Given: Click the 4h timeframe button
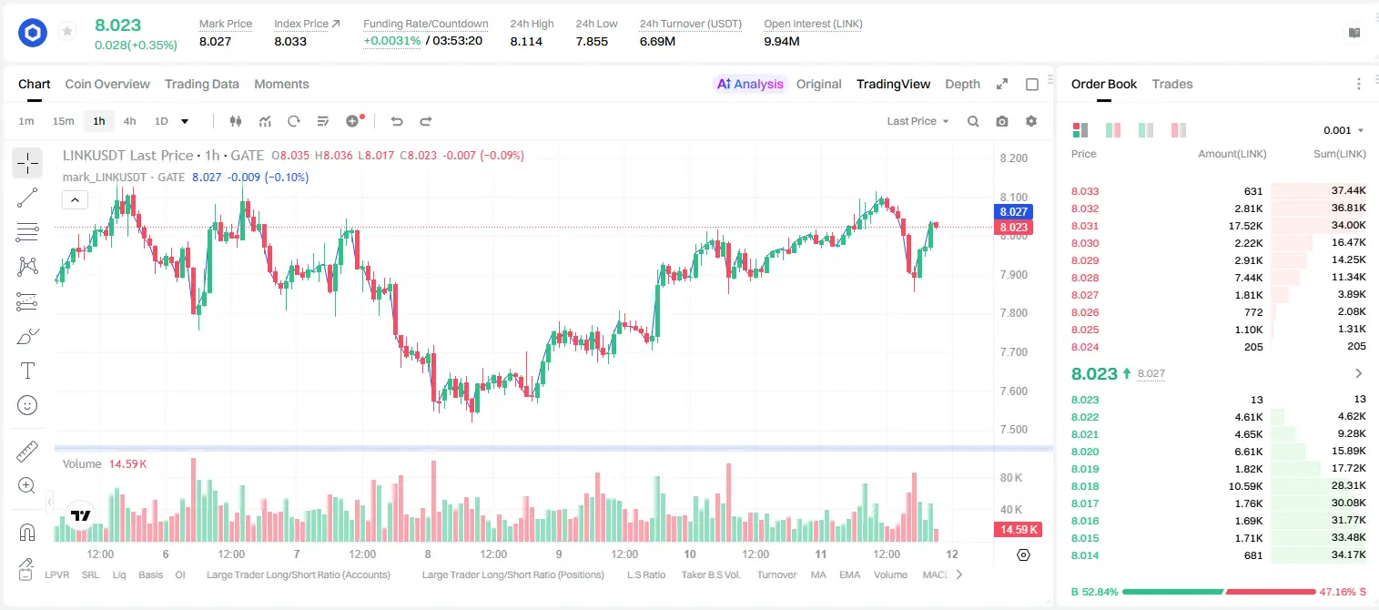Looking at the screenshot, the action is point(129,121).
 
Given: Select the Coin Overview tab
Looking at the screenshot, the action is point(107,84).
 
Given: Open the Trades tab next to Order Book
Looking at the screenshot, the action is point(1172,84).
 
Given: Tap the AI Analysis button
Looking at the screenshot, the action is point(750,84).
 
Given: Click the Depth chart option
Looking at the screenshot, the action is point(962,84).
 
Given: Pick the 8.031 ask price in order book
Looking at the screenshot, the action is point(1085,226).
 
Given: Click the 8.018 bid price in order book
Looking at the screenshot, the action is point(1085,485).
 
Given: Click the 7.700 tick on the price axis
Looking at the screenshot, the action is point(1013,352).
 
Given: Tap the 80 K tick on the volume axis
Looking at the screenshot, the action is point(1011,478).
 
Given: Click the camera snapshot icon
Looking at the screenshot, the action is point(1002,121).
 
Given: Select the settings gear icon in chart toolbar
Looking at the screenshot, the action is point(1031,121).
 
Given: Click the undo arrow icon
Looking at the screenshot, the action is point(397,121).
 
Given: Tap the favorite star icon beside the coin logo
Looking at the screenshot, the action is point(67,31).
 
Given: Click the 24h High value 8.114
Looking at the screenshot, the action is point(526,41).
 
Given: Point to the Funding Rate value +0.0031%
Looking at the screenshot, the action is point(392,41).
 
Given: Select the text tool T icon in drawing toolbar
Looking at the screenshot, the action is point(27,371).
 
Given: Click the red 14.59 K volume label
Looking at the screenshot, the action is point(1019,529).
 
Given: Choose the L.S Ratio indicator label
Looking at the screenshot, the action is point(645,574).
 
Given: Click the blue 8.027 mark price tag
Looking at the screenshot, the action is point(1013,212).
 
